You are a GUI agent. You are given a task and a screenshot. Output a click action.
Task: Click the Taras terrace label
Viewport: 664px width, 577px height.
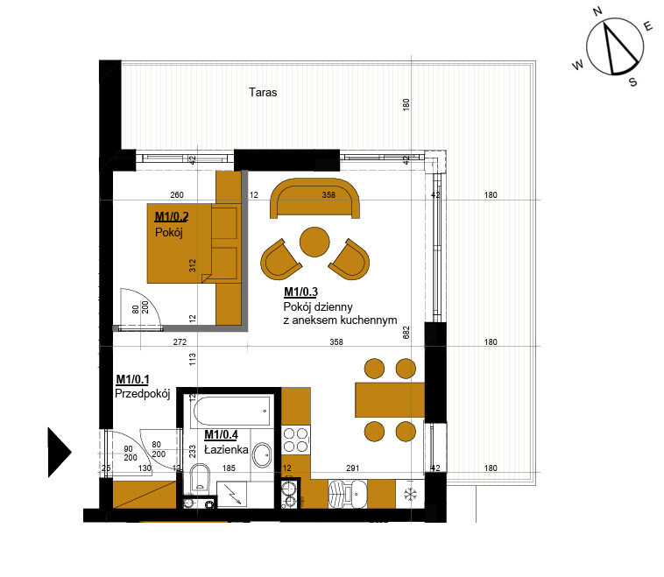click(263, 92)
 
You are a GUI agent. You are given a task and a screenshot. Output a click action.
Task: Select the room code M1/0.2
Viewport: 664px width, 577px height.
click(172, 217)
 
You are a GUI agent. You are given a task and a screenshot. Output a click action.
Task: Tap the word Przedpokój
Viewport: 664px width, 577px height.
click(142, 394)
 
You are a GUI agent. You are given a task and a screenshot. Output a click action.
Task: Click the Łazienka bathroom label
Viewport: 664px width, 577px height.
click(226, 449)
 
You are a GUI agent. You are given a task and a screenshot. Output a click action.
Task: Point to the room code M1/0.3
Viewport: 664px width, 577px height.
click(300, 292)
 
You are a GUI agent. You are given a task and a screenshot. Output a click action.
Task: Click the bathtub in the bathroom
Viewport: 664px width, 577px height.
click(231, 411)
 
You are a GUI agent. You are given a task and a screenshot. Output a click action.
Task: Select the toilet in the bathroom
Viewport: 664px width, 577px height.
click(200, 477)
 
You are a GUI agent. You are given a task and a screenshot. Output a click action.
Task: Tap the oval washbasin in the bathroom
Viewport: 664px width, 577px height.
click(262, 455)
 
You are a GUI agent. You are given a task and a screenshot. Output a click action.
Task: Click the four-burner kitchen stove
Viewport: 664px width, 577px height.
click(295, 440)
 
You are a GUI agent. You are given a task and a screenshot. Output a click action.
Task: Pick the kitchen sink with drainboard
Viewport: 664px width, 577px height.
click(348, 494)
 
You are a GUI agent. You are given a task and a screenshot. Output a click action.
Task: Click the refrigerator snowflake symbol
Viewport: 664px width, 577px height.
click(410, 494)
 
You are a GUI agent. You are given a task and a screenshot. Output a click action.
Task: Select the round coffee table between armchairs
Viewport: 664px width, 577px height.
click(314, 242)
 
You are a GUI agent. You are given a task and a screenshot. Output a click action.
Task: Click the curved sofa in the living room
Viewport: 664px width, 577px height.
click(314, 198)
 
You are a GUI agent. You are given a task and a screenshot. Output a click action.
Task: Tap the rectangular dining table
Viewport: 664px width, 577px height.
click(390, 400)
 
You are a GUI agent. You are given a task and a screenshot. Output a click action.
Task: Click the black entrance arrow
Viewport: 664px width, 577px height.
click(60, 452)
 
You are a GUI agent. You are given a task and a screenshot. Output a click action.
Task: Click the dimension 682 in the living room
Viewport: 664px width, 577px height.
click(406, 333)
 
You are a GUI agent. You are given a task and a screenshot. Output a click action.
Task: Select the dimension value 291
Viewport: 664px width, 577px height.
click(352, 468)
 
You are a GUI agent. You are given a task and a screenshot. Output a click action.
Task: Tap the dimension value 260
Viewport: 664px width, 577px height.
click(177, 194)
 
